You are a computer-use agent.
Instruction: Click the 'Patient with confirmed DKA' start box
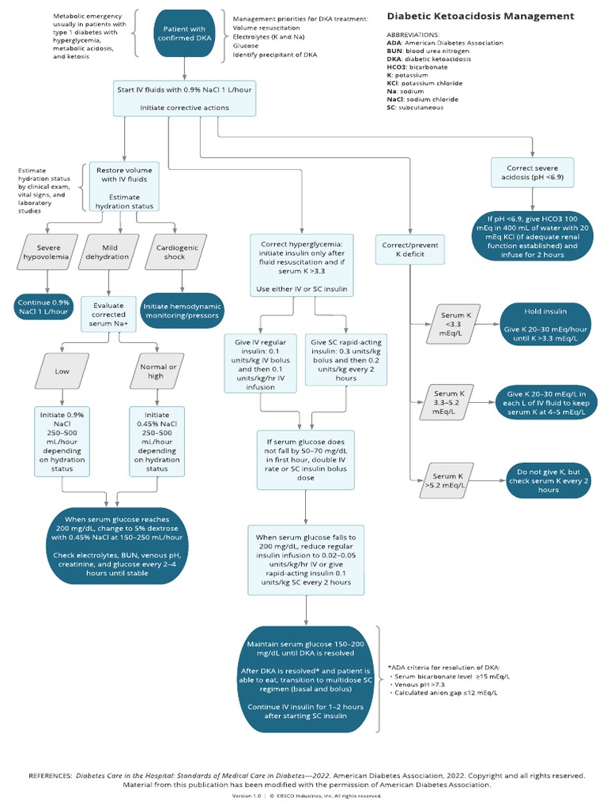tap(184, 33)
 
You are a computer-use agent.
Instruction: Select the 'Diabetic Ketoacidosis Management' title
tap(480, 16)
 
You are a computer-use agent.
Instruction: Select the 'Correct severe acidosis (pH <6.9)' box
tap(531, 175)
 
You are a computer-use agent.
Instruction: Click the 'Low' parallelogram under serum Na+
tap(62, 371)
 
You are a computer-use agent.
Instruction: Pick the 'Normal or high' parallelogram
tap(156, 371)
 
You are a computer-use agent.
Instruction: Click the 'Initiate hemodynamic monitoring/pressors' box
tap(182, 310)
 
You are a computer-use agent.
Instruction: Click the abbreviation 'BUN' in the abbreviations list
tap(396, 51)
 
